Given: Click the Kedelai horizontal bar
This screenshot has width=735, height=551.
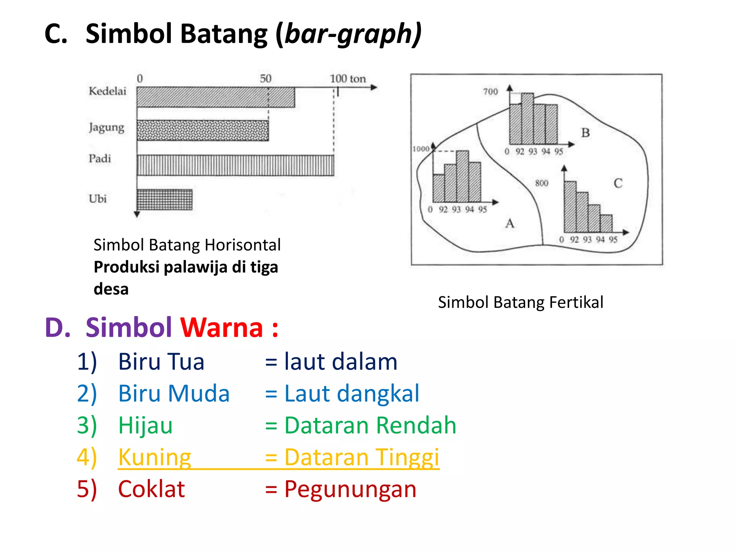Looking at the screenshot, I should tap(215, 97).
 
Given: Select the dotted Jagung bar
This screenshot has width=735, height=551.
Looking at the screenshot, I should tap(203, 131).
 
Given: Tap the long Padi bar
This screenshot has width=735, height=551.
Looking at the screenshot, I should tap(235, 165).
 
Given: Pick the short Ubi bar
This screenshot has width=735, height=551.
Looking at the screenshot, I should tap(164, 199).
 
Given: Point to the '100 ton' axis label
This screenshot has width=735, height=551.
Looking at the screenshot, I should tap(347, 79).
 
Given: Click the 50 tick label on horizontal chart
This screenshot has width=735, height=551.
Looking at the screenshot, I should tap(266, 79).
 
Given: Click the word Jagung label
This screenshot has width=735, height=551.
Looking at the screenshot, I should tap(107, 128).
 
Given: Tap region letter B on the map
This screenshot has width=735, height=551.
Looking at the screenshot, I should tap(585, 133).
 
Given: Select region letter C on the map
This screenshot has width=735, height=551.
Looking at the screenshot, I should tap(618, 183).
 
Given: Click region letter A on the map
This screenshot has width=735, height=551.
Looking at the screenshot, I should tap(510, 224).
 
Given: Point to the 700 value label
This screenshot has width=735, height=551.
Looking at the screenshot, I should tap(490, 92).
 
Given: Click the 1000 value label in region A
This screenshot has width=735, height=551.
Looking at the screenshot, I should tap(421, 149).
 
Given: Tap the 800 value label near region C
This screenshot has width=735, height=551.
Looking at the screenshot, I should tap(542, 183).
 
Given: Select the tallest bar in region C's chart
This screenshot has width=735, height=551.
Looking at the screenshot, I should tap(570, 207).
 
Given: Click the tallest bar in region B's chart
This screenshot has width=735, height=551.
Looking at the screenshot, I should tap(527, 118).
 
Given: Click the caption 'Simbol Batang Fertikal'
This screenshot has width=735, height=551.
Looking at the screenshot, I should tap(520, 302).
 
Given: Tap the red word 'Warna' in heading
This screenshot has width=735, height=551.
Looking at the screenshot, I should tap(221, 328).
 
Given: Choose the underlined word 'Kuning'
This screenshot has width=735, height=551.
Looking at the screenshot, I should tap(155, 457).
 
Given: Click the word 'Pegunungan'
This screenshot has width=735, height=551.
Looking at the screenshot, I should tap(350, 489).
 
